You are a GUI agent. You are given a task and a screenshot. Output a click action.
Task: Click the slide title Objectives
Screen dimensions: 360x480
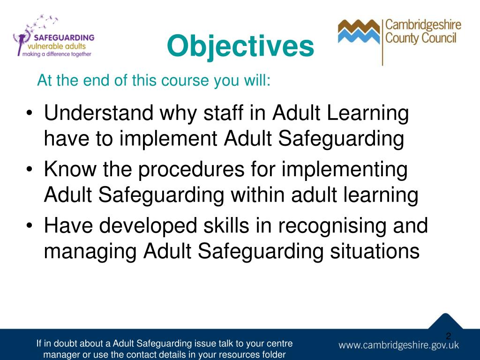tap(240, 46)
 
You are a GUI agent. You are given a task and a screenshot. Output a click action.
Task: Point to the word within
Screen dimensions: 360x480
tap(257, 195)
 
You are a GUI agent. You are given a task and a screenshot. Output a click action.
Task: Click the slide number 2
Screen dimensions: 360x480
tap(448, 336)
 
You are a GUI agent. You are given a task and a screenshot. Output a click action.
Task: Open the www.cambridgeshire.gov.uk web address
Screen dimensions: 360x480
tap(399, 345)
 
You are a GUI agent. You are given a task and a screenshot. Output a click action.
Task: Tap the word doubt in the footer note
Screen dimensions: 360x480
tap(64, 344)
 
